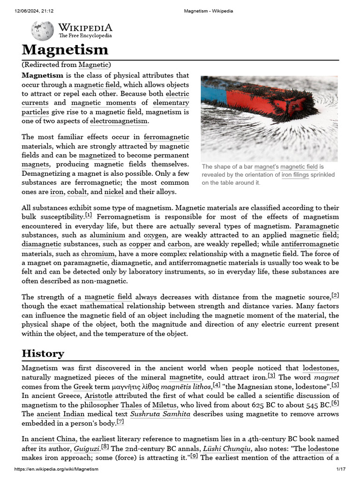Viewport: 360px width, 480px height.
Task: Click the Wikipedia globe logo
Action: (42, 31)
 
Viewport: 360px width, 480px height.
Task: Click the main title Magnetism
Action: (65, 50)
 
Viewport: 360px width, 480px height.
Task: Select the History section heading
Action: (43, 353)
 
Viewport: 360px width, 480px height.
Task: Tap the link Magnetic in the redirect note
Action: (93, 65)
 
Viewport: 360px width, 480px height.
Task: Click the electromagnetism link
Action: (119, 121)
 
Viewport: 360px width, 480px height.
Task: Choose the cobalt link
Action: (77, 192)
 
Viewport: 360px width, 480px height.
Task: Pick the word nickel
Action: (114, 192)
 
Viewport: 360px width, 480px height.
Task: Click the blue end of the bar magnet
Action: (213, 93)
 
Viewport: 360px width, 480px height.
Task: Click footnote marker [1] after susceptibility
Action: (88, 215)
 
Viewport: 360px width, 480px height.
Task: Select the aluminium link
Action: (107, 235)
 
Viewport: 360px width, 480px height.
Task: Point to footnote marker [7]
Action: (120, 422)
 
